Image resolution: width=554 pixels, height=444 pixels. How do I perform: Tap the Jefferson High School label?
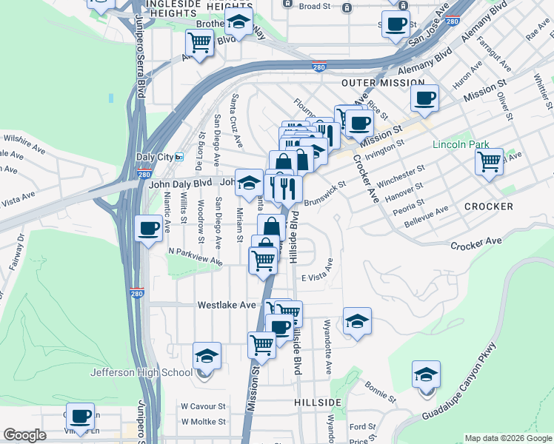[x=141, y=372]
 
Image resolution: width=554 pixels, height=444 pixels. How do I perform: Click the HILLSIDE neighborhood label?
[x=318, y=402]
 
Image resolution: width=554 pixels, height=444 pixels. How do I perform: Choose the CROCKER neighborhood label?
[x=489, y=206]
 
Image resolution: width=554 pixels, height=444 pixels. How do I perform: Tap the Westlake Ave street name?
[x=226, y=305]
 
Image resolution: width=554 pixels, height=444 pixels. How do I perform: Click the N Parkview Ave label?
[x=195, y=256]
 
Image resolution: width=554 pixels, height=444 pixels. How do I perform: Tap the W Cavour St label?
[x=203, y=406]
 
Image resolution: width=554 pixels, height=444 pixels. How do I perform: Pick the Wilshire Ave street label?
[x=25, y=138]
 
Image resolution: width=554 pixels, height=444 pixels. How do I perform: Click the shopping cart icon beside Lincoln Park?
[x=489, y=161]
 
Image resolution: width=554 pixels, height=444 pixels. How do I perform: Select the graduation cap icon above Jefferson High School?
[x=207, y=355]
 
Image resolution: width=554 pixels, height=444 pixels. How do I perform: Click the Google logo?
[x=24, y=436]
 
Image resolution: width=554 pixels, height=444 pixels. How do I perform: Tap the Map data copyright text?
[x=507, y=438]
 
